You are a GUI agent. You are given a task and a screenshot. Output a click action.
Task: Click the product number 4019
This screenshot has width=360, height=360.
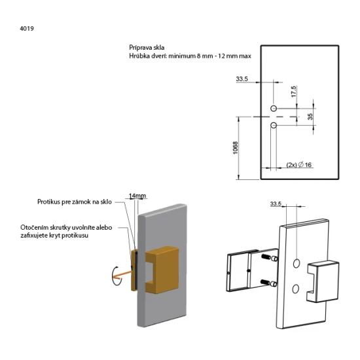pyautogui.click(x=27, y=28)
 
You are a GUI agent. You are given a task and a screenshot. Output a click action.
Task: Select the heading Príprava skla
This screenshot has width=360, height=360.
pyautogui.click(x=147, y=48)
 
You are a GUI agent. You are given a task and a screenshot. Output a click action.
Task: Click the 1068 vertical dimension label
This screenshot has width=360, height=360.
pyautogui.click(x=236, y=148)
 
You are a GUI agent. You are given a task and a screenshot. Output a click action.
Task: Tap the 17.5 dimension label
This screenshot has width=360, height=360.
pyautogui.click(x=294, y=92)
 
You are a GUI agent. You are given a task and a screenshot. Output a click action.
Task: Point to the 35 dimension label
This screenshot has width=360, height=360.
pyautogui.click(x=310, y=117)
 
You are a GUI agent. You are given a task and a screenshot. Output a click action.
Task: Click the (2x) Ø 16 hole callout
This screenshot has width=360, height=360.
pyautogui.click(x=299, y=164)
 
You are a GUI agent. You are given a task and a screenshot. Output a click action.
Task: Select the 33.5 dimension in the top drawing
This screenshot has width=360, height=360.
pyautogui.click(x=242, y=79)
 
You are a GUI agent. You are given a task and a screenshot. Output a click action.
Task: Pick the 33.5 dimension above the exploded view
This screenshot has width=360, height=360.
pyautogui.click(x=276, y=204)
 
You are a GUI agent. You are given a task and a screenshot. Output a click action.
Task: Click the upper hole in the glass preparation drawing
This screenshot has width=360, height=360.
pyautogui.click(x=274, y=109)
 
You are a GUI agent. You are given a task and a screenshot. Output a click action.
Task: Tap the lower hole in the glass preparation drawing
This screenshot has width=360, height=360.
pyautogui.click(x=274, y=125)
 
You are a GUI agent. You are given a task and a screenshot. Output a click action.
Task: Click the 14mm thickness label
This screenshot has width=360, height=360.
pyautogui.click(x=137, y=196)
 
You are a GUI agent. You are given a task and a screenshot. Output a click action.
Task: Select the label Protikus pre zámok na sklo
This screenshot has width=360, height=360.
pyautogui.click(x=75, y=202)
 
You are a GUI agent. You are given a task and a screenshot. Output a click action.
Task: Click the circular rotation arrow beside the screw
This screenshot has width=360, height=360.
pyautogui.click(x=115, y=276)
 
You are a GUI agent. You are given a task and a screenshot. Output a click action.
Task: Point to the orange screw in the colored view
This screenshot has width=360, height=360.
pyautogui.click(x=124, y=275)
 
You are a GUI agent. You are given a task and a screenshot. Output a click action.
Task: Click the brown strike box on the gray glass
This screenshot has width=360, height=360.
pyautogui.click(x=162, y=270)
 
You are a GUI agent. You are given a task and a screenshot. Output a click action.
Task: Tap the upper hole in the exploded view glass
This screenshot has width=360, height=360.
pyautogui.click(x=296, y=263)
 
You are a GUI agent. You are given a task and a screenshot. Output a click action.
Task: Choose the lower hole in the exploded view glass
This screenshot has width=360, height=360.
pyautogui.click(x=295, y=289)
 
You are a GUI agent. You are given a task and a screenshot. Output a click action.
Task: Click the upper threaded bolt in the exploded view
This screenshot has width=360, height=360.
pyautogui.click(x=269, y=258)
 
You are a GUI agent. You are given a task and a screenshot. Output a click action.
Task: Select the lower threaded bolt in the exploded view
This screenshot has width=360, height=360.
pyautogui.click(x=269, y=283)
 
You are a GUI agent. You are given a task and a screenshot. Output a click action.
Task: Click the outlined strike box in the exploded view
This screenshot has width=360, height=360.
pyautogui.click(x=323, y=281)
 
